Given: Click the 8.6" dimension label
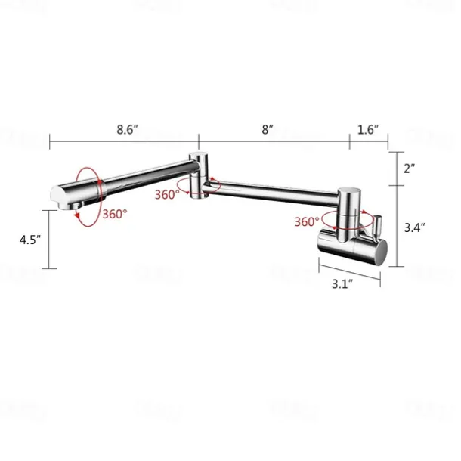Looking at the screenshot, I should [126, 129].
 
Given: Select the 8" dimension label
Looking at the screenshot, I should [267, 129].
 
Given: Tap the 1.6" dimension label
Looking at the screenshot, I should [367, 129].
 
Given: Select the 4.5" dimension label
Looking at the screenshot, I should [30, 240].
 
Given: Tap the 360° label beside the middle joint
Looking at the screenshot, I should [167, 194].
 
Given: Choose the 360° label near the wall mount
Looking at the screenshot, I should [307, 222].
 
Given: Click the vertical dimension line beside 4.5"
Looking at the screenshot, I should [50, 240].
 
